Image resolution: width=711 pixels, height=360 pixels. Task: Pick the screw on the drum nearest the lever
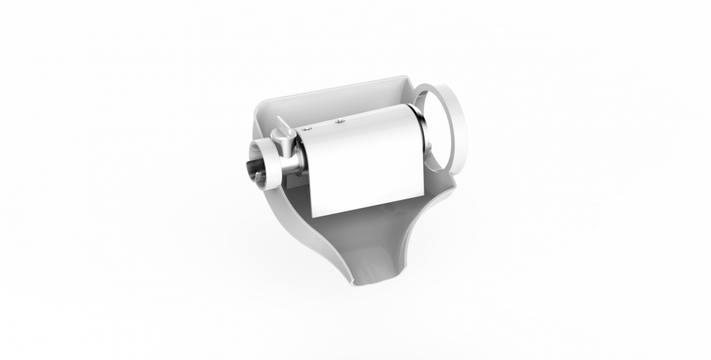307,129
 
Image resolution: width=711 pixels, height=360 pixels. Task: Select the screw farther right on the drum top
340,121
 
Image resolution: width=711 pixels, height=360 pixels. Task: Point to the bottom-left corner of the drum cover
314,215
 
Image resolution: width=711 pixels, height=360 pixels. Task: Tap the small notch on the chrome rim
429,147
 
